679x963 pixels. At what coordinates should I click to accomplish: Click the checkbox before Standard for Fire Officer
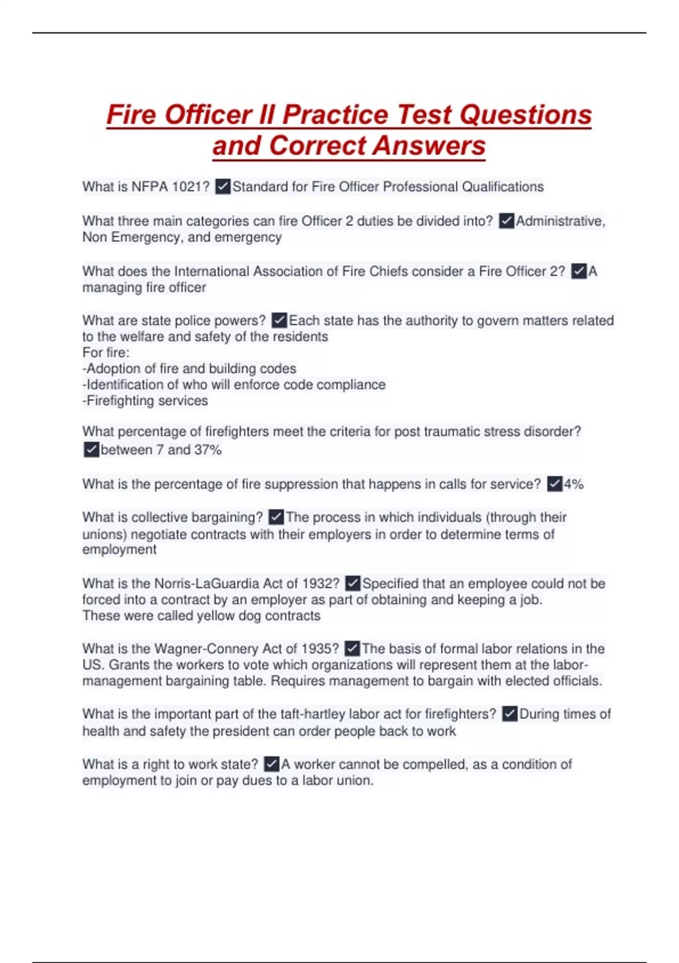tap(223, 186)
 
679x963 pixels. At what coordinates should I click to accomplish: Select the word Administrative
tap(560, 221)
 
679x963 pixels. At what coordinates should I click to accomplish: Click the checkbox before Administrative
tap(506, 221)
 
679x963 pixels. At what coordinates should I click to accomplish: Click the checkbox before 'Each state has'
tap(280, 321)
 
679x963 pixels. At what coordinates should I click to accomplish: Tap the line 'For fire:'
tap(106, 352)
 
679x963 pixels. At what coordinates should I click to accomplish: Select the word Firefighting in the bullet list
tap(117, 400)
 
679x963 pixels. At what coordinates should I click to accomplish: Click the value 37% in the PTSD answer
tap(208, 450)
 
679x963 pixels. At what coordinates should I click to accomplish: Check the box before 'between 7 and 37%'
tap(91, 450)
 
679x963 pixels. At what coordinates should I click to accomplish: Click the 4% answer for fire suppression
tap(574, 484)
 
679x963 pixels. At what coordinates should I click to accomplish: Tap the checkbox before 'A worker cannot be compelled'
tap(272, 764)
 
